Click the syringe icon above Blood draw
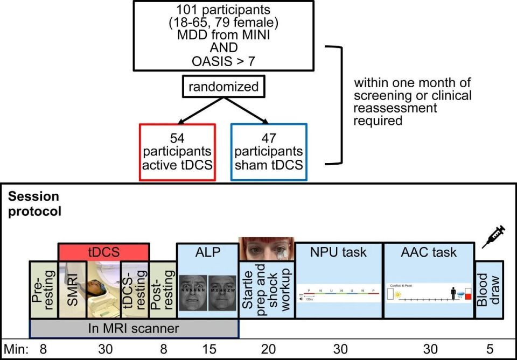(x=493, y=236)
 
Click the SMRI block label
(x=72, y=290)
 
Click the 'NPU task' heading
(x=338, y=252)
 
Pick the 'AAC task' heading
(x=429, y=252)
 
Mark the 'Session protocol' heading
(x=34, y=204)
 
